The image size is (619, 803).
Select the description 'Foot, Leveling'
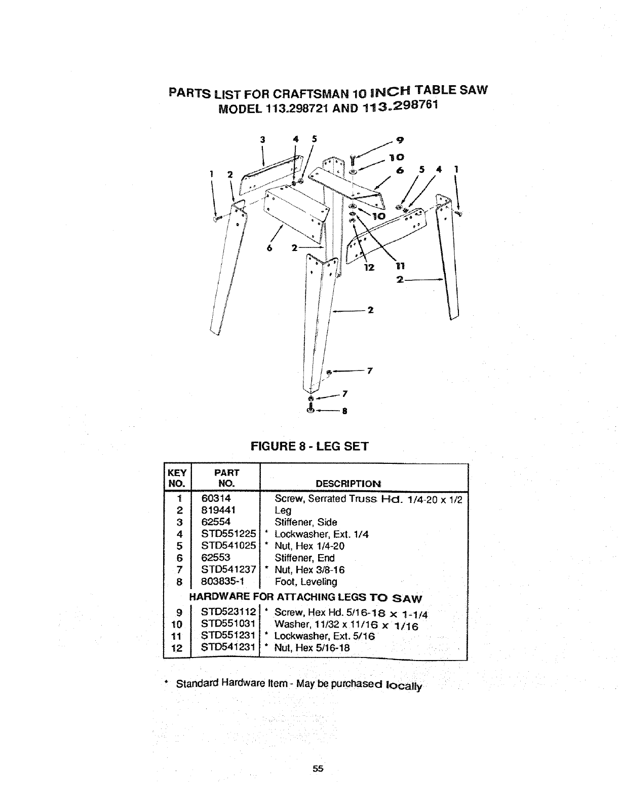(305, 582)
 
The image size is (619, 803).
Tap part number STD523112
(228, 614)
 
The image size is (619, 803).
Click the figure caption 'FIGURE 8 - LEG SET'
(309, 447)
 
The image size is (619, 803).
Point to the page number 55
(318, 769)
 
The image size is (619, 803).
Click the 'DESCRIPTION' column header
(348, 484)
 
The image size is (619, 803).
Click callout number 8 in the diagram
(344, 412)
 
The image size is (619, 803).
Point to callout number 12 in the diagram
(369, 268)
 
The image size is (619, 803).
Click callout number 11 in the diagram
(398, 266)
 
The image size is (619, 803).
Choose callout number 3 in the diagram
(262, 140)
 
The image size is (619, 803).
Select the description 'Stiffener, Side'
(305, 522)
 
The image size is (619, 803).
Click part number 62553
(216, 558)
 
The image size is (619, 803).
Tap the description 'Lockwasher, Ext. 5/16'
(324, 636)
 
